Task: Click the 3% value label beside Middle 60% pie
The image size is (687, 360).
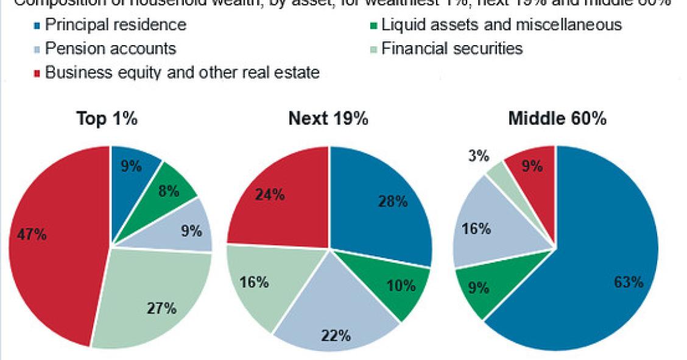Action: point(479,157)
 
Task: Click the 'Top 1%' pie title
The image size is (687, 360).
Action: point(107,119)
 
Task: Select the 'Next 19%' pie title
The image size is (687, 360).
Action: point(328,119)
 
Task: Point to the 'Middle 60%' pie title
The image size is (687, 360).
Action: point(557,119)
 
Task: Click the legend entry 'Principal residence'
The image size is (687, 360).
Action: point(116,26)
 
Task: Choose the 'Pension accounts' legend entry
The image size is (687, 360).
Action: point(110,49)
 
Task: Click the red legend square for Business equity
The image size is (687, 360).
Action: point(38,72)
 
